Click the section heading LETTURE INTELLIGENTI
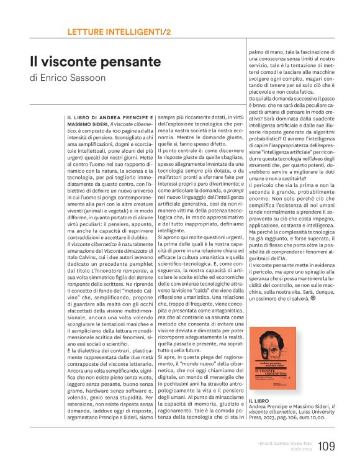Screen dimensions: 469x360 [x=114, y=32]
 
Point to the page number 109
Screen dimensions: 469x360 [x=326, y=446]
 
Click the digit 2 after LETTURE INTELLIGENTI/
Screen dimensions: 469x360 [x=168, y=32]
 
